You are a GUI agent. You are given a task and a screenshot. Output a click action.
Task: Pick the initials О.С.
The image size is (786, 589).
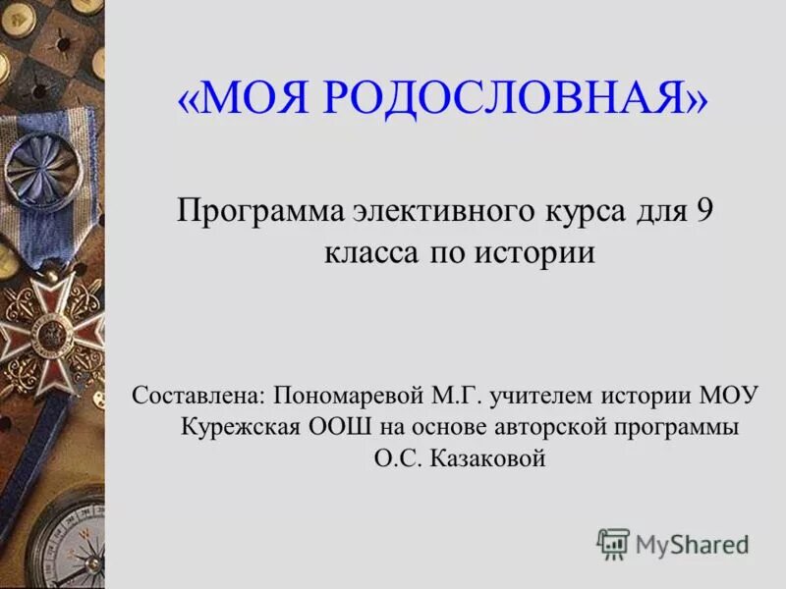pyautogui.click(x=398, y=458)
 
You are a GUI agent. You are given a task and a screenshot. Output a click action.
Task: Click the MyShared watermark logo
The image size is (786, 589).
pyautogui.click(x=673, y=543)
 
